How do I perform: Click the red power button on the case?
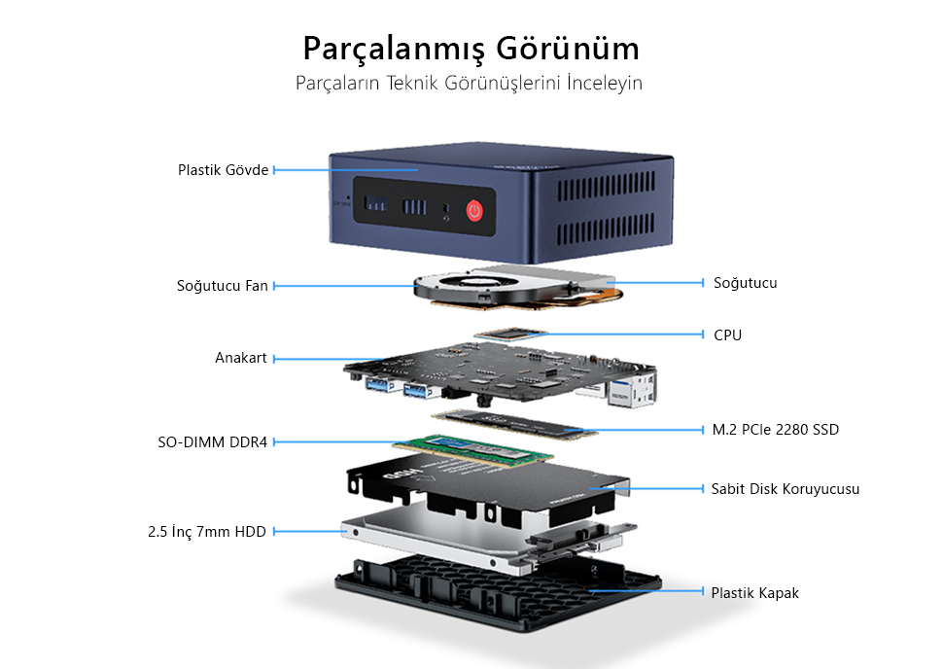[x=474, y=209]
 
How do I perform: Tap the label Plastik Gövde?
[x=223, y=170]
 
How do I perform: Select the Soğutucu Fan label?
[x=222, y=286]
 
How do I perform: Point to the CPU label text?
[x=727, y=335]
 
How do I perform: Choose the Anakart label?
[x=240, y=359]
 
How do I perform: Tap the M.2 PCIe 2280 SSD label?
[x=775, y=430]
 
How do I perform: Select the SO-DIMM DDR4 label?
[x=212, y=442]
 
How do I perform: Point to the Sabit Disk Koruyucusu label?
[x=785, y=489]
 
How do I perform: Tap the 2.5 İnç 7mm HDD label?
[x=207, y=532]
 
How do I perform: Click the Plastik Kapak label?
[x=754, y=592]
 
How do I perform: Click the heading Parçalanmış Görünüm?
[x=471, y=48]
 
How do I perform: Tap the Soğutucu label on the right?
[x=745, y=283]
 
